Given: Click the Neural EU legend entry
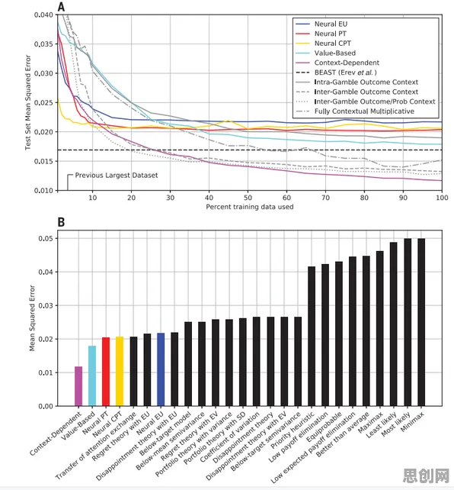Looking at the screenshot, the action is click(x=321, y=24).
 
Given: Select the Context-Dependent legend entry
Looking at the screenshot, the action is click(x=337, y=63).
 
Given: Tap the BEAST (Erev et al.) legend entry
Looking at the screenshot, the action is click(x=336, y=73).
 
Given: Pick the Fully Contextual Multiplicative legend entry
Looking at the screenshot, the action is click(x=355, y=111).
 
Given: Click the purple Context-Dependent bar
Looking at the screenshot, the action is click(x=78, y=386).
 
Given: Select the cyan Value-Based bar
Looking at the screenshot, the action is click(x=92, y=376).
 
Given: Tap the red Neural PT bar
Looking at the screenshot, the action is click(x=106, y=372).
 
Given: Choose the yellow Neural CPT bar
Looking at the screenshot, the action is click(x=120, y=372).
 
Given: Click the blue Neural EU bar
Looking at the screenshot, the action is click(x=161, y=369).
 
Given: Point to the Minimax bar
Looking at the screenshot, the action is click(x=421, y=323).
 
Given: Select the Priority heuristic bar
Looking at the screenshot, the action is click(x=312, y=337).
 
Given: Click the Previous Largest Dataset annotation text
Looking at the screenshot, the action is click(x=117, y=176).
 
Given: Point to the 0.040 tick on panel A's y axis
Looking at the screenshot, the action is click(x=44, y=15).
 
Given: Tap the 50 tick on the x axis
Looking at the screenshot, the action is click(x=248, y=198).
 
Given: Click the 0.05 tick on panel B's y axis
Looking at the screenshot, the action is click(x=46, y=238).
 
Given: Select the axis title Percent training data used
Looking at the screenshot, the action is click(x=249, y=207).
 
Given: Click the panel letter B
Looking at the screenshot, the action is click(x=61, y=222).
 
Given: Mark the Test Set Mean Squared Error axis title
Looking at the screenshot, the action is click(x=28, y=102).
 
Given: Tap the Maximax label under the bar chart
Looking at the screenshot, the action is click(x=371, y=423).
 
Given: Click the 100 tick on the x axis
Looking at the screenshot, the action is click(x=442, y=198).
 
